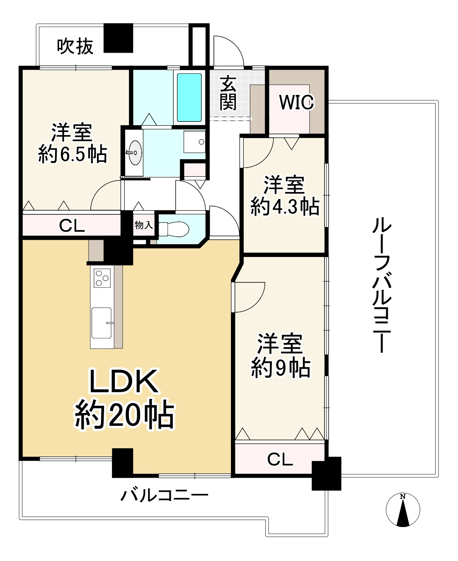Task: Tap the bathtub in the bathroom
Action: (x=189, y=97)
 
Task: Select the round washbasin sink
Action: (x=134, y=153)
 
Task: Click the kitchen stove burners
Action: (x=102, y=278)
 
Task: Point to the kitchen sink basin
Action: (x=102, y=323)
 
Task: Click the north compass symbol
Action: (x=402, y=510)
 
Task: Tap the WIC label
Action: (x=296, y=102)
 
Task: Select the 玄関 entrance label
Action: (x=228, y=93)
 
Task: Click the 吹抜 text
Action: (x=75, y=46)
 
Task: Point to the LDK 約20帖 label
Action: (x=124, y=398)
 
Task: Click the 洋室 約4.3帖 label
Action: (x=285, y=196)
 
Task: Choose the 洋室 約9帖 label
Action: (x=281, y=355)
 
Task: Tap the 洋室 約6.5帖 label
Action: (x=73, y=143)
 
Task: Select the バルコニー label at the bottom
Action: (x=164, y=495)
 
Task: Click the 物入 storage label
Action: (x=143, y=225)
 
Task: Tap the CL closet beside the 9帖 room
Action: (x=280, y=459)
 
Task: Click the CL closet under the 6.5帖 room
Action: (x=72, y=226)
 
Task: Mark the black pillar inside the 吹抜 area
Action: (x=118, y=38)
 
